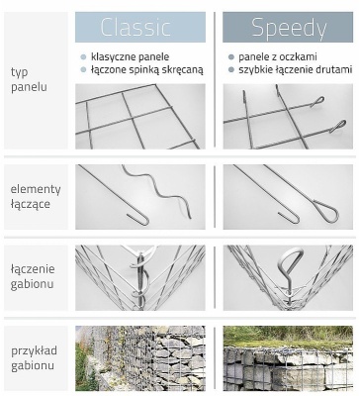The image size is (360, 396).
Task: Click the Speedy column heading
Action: pyautogui.click(x=288, y=27)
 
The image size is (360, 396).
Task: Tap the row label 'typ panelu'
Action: pyautogui.click(x=28, y=79)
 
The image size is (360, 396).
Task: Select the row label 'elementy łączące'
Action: pyautogui.click(x=35, y=196)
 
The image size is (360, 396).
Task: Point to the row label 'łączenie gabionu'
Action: pyautogui.click(x=34, y=276)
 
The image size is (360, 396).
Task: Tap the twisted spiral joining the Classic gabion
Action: pyautogui.click(x=141, y=277)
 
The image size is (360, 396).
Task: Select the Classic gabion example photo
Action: pyautogui.click(x=140, y=358)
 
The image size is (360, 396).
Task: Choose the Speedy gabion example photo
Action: pyautogui.click(x=288, y=358)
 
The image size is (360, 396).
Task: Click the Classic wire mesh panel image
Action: pyautogui.click(x=140, y=117)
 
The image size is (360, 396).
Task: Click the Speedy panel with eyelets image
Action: pyautogui.click(x=288, y=117)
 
